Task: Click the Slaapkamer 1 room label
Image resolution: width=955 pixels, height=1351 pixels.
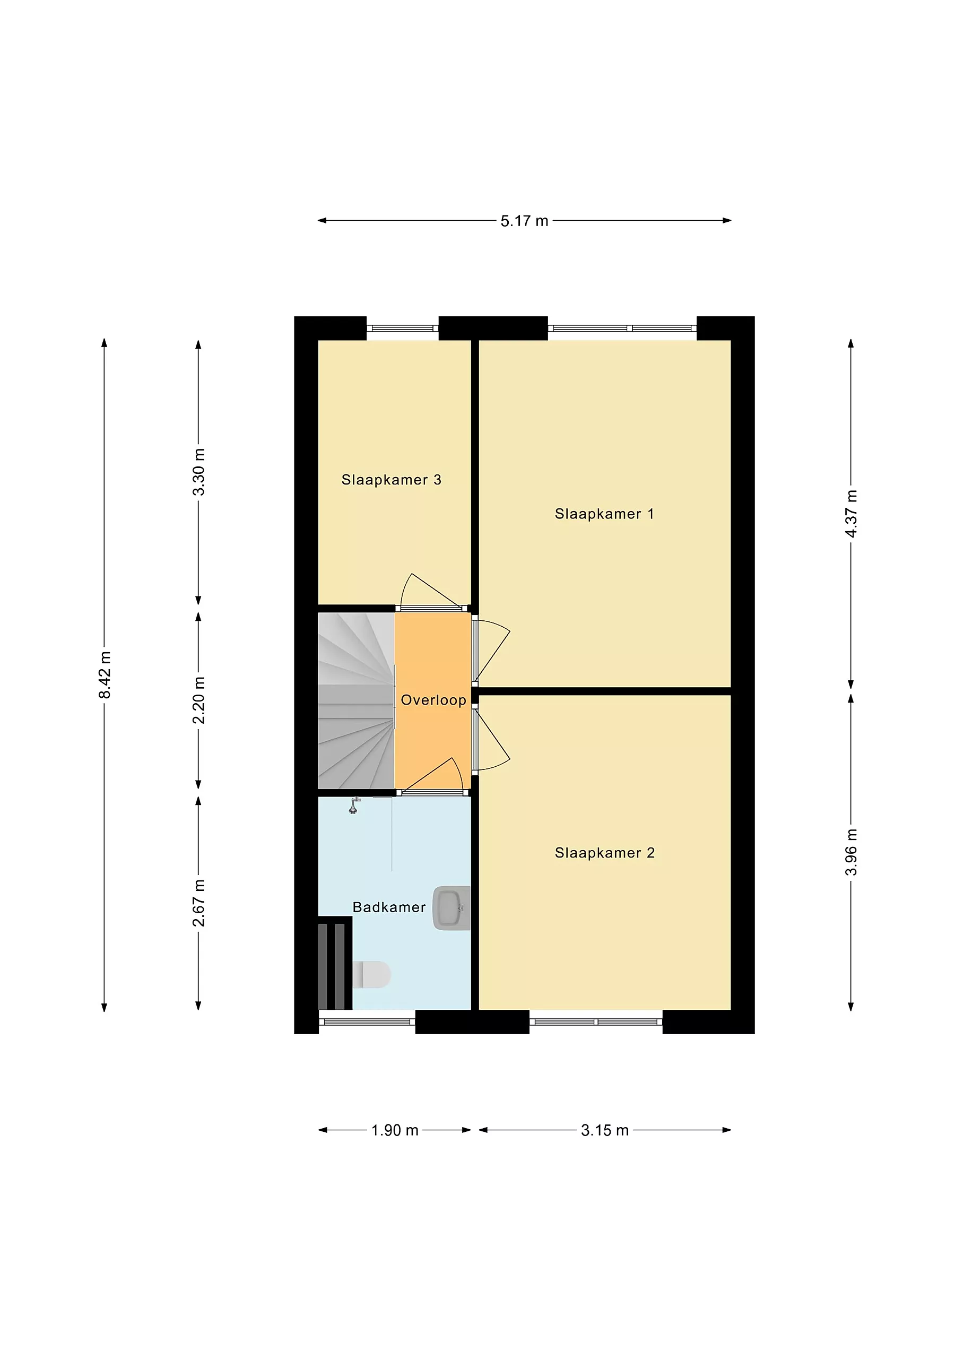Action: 604,514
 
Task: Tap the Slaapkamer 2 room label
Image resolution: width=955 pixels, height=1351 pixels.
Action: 604,853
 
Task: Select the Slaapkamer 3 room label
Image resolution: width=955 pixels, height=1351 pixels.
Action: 392,480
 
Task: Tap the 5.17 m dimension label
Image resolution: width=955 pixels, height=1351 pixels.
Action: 524,221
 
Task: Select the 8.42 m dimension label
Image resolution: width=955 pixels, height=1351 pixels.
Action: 104,675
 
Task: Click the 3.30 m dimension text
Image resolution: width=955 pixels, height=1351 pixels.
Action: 199,472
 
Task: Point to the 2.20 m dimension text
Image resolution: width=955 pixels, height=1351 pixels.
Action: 199,700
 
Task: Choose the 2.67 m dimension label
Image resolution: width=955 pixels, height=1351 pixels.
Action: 199,903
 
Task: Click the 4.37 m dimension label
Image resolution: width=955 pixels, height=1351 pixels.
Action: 851,513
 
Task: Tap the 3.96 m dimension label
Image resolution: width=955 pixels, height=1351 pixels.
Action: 851,852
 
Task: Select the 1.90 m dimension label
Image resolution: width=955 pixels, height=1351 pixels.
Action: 395,1130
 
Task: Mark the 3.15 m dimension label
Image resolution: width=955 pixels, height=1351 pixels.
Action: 605,1130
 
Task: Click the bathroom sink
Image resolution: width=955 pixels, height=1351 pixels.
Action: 452,908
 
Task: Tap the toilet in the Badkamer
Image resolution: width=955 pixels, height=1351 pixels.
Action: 372,974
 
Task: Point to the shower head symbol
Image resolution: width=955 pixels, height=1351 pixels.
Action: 354,806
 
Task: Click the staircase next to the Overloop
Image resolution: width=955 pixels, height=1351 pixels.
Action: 356,700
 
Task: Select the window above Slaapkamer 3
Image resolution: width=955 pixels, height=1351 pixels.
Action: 403,328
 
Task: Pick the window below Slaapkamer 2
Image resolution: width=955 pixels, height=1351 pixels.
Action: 596,1022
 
